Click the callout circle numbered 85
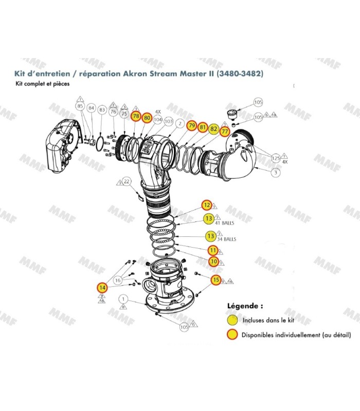coord(80,107)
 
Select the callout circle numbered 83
coord(102,109)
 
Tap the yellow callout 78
coord(136,117)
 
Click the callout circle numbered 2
coord(180,123)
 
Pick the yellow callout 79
coord(191,126)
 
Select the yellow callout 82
coord(213,129)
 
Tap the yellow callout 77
coord(224,132)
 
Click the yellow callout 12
coord(207,205)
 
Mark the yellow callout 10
coord(213,261)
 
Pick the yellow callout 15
coord(216,279)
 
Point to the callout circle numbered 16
coord(118,280)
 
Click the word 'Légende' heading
coord(245,306)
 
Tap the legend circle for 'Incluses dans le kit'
coord(233,320)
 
